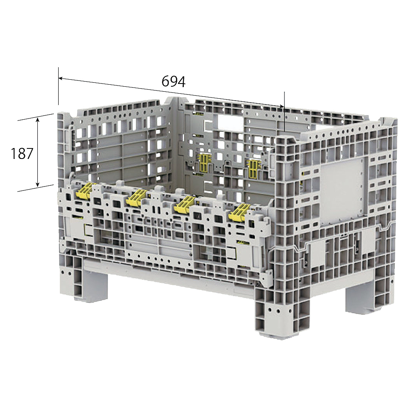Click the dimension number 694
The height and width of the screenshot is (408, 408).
coord(173,82)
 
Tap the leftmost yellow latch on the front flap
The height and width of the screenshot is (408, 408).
coord(84,190)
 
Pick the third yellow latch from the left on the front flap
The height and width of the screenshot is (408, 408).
coord(185,204)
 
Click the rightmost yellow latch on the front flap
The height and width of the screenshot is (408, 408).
coord(239,212)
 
